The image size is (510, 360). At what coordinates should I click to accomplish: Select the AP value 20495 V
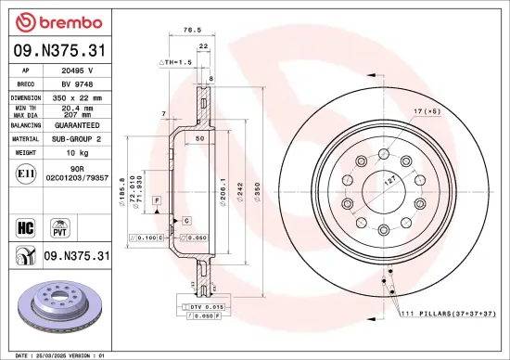click(x=72, y=70)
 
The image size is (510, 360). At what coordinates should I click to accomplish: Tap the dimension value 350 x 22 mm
click(x=74, y=96)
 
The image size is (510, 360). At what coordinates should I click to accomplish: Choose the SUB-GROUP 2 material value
click(x=74, y=137)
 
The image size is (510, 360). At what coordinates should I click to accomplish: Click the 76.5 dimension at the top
click(x=192, y=30)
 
